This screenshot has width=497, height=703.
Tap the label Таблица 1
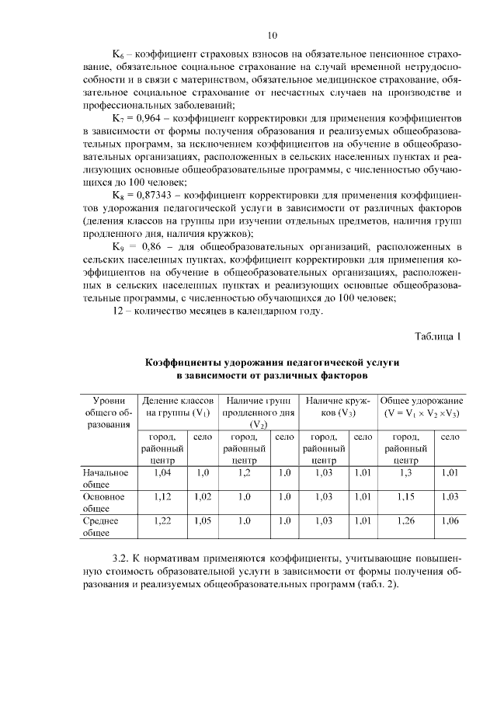[x=438, y=336]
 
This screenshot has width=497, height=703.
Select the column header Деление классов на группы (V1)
[x=178, y=406]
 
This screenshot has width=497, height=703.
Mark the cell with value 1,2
[x=245, y=472]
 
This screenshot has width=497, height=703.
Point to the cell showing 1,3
[x=406, y=472]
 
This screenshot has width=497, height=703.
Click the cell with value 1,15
[x=406, y=496]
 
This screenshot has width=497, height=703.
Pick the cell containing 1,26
[x=406, y=520]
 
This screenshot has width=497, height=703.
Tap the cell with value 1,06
[x=450, y=520]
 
